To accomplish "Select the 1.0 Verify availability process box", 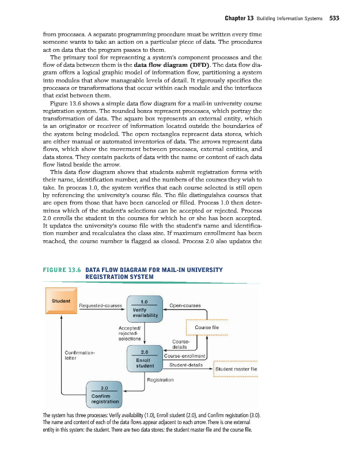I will [x=145, y=308].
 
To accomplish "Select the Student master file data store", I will [x=236, y=369].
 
